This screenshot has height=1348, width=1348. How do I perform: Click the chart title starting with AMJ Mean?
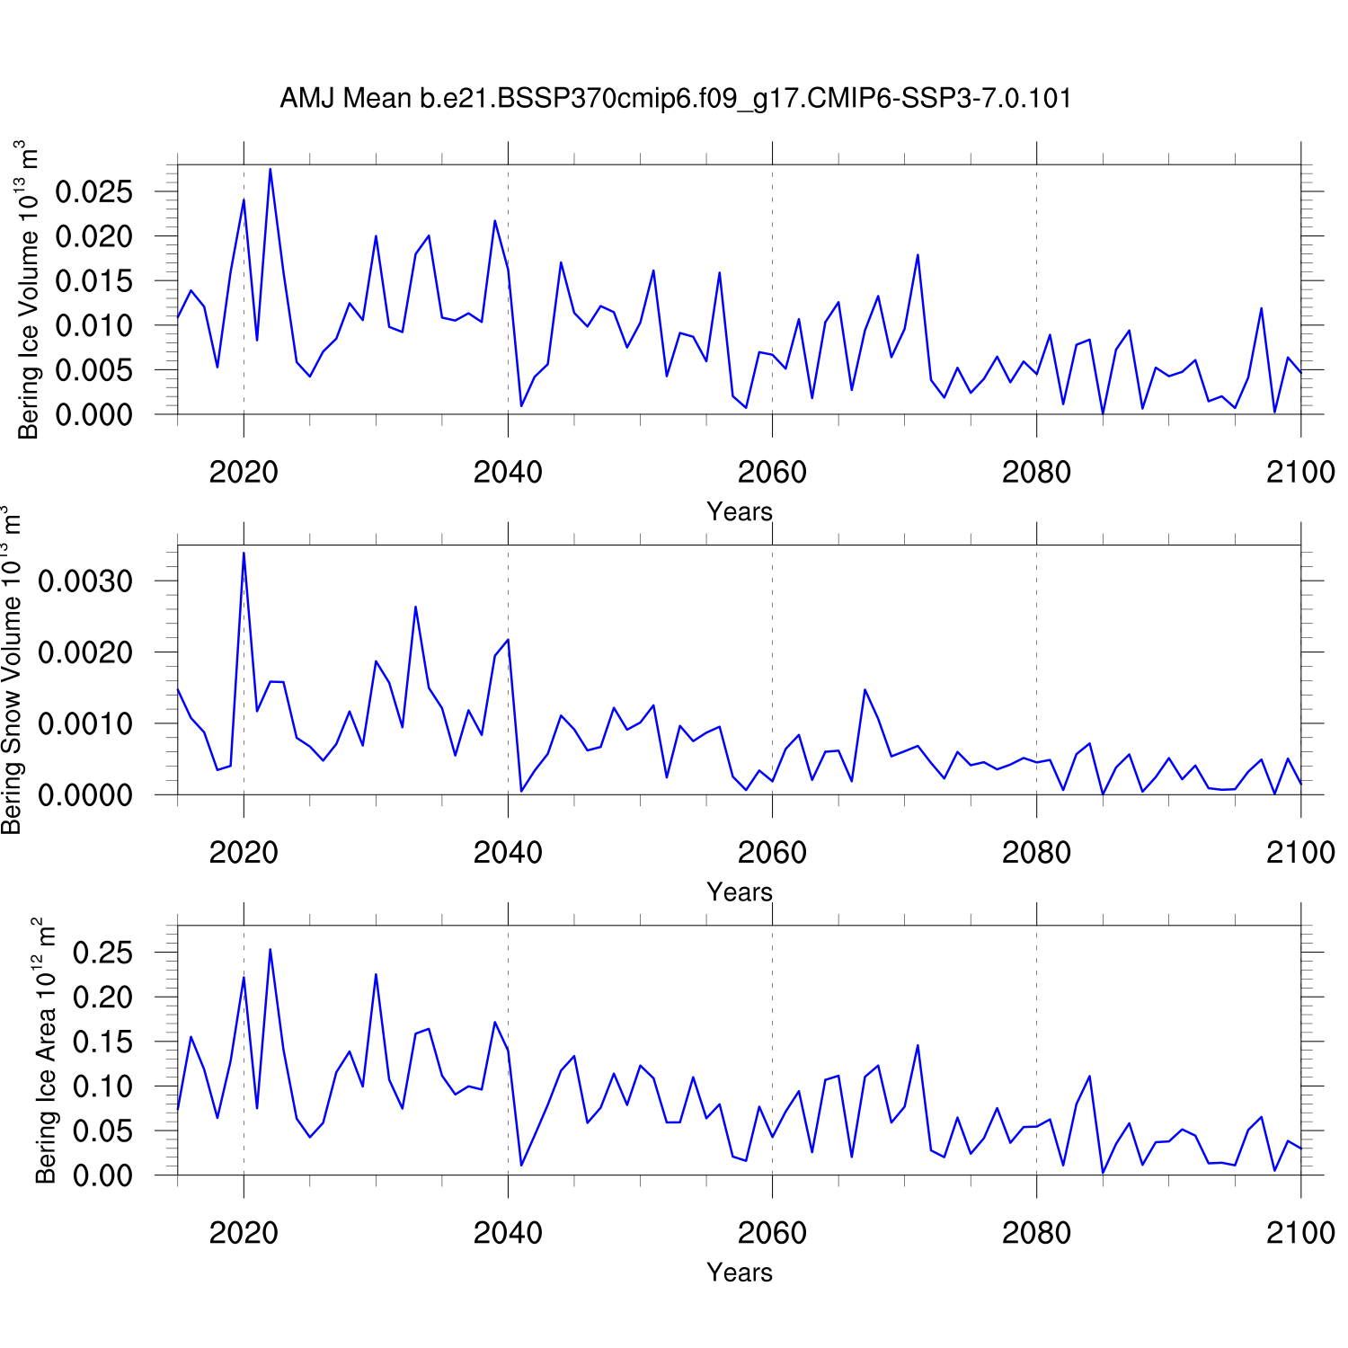[x=676, y=98]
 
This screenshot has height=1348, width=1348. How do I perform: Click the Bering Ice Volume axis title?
[x=29, y=289]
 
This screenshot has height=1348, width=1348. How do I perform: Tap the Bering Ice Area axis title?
[x=45, y=1050]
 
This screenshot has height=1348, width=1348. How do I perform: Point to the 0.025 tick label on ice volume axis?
[x=93, y=191]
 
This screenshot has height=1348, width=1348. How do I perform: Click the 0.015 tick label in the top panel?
[x=93, y=281]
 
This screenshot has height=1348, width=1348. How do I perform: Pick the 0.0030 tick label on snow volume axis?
[x=85, y=581]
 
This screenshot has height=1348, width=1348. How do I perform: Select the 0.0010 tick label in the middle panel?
[x=85, y=723]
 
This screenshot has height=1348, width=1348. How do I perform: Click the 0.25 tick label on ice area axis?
[x=102, y=953]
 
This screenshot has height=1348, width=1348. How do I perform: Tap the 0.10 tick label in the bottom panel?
[x=102, y=1086]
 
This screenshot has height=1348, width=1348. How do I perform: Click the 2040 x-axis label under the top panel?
[x=508, y=472]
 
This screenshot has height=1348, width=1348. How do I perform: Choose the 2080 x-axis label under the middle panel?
[x=1036, y=852]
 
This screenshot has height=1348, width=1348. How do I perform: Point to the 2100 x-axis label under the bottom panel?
[x=1300, y=1232]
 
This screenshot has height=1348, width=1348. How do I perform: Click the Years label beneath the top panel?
[x=740, y=512]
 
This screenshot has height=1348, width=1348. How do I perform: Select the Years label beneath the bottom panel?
[x=740, y=1273]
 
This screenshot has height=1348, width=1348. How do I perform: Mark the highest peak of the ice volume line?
[x=270, y=169]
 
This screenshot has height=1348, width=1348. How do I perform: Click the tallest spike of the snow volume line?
[x=244, y=553]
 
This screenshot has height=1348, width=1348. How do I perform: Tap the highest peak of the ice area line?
[x=270, y=949]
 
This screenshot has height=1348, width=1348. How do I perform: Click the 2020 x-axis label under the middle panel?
[x=244, y=852]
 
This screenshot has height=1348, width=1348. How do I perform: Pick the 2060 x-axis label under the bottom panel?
[x=772, y=1232]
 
